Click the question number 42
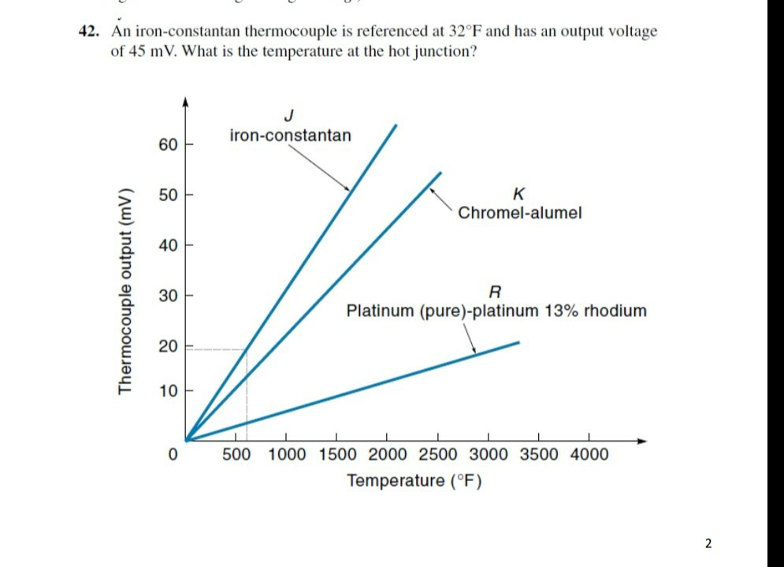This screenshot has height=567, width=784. click(x=89, y=32)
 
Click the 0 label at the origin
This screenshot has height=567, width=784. click(x=171, y=454)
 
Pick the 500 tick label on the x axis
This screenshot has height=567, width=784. click(x=237, y=454)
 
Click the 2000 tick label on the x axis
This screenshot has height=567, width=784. click(x=387, y=454)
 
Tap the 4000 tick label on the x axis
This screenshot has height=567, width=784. click(x=588, y=454)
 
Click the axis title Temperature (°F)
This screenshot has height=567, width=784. click(x=414, y=480)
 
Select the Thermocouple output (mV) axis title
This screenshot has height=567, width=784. click(x=124, y=292)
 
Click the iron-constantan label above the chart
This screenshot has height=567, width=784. click(x=290, y=136)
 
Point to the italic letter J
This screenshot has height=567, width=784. click(x=288, y=115)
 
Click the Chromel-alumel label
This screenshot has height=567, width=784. click(x=519, y=213)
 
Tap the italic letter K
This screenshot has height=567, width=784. click(x=518, y=193)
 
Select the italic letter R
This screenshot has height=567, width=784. click(x=496, y=290)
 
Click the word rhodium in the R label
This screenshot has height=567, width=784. click(x=615, y=311)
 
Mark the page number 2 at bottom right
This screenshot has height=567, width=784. click(x=708, y=543)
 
